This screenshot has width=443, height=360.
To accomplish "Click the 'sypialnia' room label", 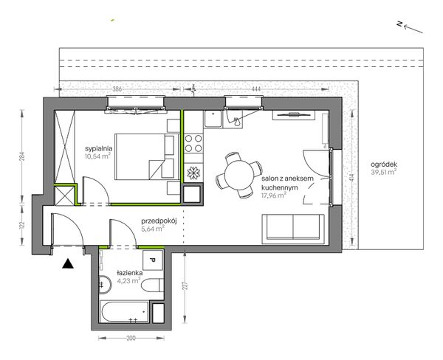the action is tap(99, 148).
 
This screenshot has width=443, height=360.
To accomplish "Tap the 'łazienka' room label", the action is tap(130, 273).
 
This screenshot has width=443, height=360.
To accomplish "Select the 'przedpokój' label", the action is tap(159, 221).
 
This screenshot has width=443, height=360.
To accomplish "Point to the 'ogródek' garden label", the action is tap(384, 165).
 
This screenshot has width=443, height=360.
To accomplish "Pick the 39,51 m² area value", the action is tap(383, 172).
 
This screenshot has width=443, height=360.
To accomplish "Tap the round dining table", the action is tap(239, 175).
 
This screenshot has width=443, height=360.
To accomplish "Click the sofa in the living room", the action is tap(293, 229).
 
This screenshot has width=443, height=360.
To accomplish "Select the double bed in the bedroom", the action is tap(147, 156).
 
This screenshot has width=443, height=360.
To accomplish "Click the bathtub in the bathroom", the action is tap(125, 312).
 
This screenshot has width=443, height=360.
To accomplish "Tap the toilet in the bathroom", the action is tap(152, 285).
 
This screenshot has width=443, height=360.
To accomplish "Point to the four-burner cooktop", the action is tap(193, 143).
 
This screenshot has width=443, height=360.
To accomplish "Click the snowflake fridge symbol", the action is tap(193, 173).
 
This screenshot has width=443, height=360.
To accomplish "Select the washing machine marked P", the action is tap(153, 260).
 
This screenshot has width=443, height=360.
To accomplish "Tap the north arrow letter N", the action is tap(399, 24).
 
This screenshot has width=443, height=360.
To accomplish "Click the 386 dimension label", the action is tap(117, 89).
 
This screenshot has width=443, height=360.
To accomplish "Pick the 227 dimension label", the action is tap(185, 285).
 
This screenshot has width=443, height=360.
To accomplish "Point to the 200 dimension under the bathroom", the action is tap(131, 338).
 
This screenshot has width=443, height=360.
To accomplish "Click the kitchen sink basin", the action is tap(213, 119).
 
